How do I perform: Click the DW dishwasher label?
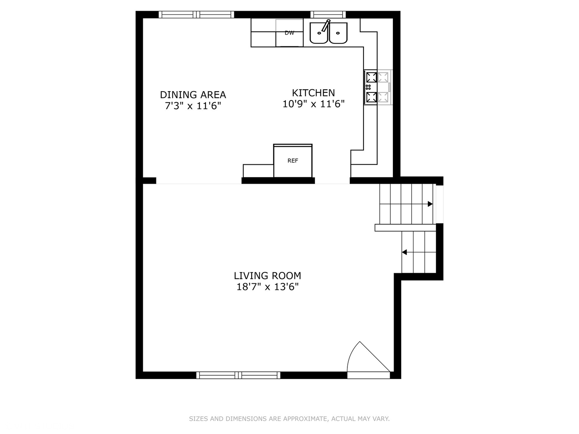(x=289, y=33)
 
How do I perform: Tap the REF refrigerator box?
(x=293, y=161)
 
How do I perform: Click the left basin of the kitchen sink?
(x=319, y=33)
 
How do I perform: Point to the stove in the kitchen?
(x=377, y=87)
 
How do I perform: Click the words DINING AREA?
(x=193, y=95)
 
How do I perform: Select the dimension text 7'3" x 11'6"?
(x=193, y=106)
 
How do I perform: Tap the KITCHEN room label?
(x=313, y=93)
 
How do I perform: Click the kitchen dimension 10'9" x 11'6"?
(x=313, y=104)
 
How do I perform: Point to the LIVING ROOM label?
(x=267, y=276)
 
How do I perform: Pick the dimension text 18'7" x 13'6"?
(x=267, y=287)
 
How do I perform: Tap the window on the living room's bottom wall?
(x=238, y=375)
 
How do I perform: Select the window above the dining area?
(x=196, y=15)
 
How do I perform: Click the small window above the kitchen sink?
(x=328, y=15)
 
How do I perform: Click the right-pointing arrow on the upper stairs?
(x=430, y=204)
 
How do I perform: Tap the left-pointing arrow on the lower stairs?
(x=404, y=252)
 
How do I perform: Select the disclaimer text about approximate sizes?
(x=289, y=419)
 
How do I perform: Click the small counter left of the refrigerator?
(x=258, y=171)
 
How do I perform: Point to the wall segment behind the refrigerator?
(x=278, y=181)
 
